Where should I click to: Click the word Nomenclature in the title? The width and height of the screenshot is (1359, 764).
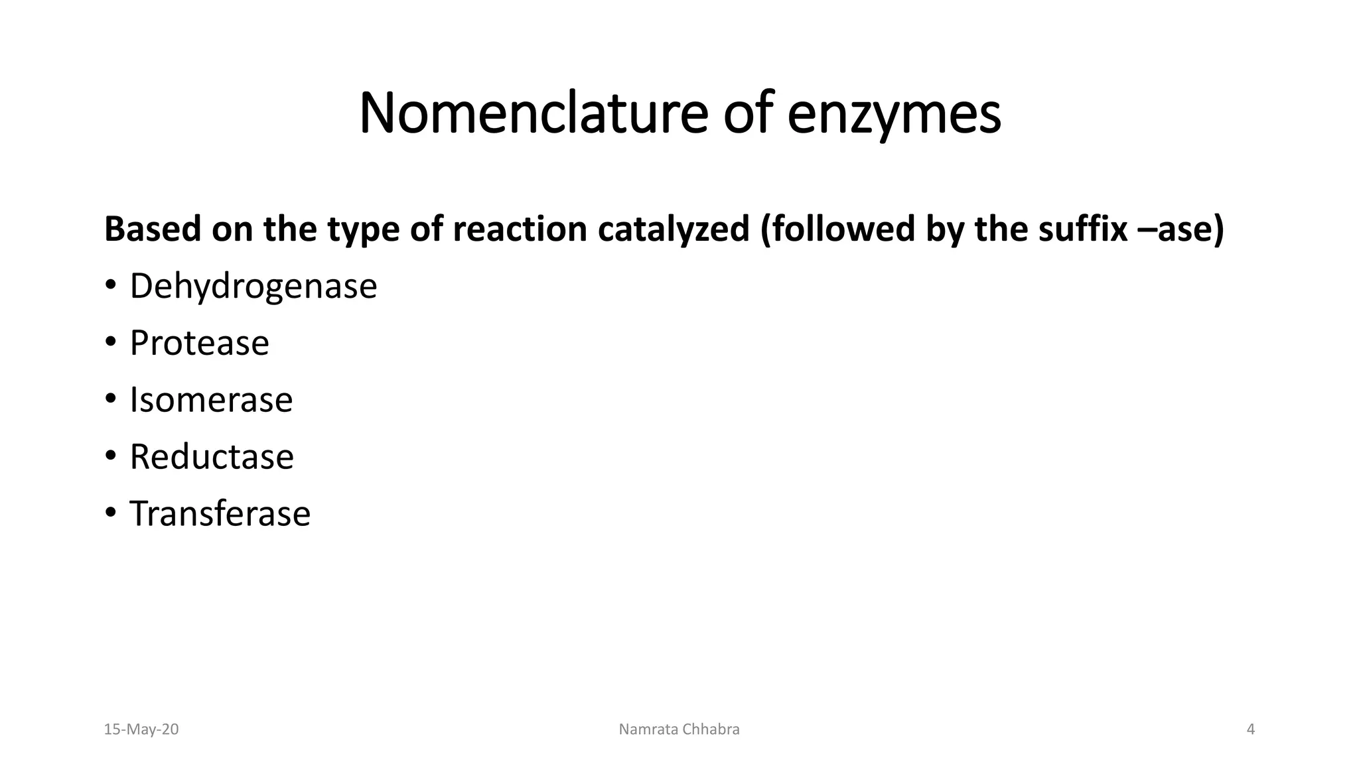(533, 113)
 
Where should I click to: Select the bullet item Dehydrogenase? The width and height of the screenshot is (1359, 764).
(253, 286)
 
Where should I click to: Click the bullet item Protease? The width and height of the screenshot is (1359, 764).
(199, 343)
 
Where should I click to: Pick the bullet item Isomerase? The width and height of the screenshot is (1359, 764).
(211, 400)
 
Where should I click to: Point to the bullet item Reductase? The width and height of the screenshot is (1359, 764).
(212, 457)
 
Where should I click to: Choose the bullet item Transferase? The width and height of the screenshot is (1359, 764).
(220, 514)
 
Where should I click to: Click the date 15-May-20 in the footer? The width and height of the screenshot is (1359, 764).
(141, 730)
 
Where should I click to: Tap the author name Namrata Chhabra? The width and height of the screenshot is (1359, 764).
(679, 730)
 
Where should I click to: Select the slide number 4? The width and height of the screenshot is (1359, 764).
(1251, 730)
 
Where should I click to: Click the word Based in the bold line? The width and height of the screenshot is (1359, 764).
(153, 229)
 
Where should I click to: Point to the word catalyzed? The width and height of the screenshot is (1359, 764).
(673, 229)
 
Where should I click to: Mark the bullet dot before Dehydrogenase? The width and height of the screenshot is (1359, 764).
(110, 286)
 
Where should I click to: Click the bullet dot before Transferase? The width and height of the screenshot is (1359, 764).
(110, 514)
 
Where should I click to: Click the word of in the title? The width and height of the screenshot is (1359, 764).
(747, 113)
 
